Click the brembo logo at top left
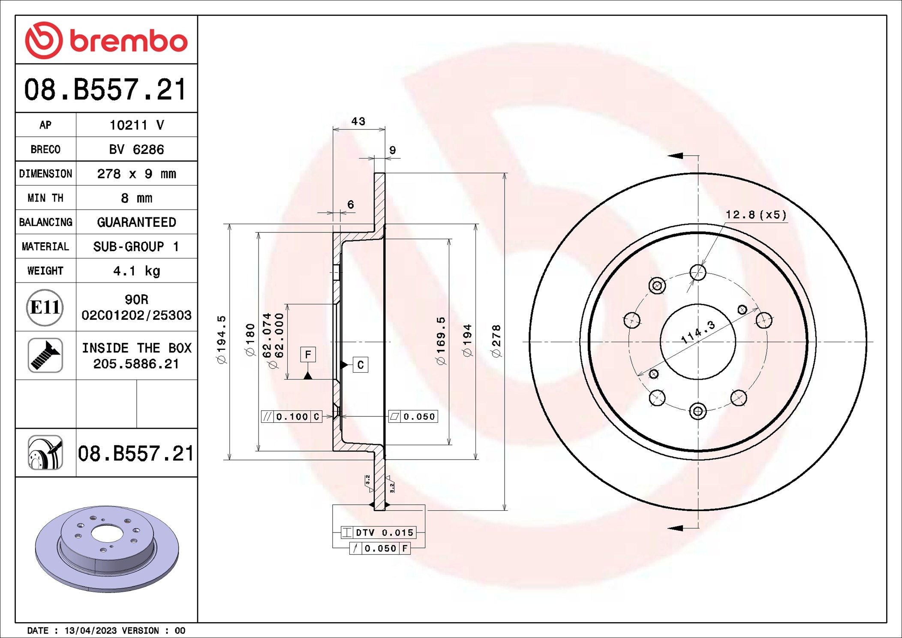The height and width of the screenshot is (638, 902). pos(106,40)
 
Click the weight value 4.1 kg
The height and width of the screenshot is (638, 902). pos(136,271)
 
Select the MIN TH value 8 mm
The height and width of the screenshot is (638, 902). pos(136,198)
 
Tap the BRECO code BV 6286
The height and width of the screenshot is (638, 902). pos(136,149)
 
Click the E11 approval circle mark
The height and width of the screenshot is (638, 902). pos(45,307)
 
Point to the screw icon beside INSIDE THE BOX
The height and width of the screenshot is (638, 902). pos(45,355)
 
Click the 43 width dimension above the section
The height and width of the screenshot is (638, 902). pos(358,121)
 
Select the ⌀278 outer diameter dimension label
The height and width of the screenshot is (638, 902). pos(496,341)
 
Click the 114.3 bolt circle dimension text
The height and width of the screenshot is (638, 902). pos(698,331)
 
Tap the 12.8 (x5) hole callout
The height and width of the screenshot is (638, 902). pos(756,214)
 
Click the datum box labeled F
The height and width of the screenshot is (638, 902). pos(308,355)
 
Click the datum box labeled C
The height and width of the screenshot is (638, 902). pos(360,365)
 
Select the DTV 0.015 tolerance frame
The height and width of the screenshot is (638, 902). pos(379,533)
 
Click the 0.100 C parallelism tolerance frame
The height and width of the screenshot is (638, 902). pos(292,416)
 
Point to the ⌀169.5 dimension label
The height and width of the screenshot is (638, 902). pos(441,341)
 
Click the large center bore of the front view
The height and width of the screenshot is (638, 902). pos(698,342)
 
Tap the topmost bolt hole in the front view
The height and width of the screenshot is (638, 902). pos(698,272)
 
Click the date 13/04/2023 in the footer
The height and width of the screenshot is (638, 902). pos(90,631)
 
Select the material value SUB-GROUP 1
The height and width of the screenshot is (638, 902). pos(136,247)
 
